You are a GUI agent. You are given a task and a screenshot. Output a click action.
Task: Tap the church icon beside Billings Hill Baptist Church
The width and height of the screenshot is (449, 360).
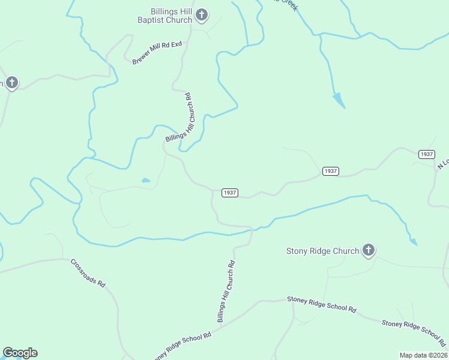tap(202, 15)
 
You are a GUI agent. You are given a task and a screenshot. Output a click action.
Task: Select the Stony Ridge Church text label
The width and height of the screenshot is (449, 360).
tap(322, 251)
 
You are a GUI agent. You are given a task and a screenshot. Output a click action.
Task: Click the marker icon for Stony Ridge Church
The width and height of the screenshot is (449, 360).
tap(369, 250)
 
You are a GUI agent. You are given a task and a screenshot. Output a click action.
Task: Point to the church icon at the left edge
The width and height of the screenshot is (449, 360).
tap(11, 83)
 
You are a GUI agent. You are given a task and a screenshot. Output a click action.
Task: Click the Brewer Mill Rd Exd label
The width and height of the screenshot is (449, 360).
tap(156, 53)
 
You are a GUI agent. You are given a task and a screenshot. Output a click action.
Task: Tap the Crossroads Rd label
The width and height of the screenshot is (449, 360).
tap(88, 273)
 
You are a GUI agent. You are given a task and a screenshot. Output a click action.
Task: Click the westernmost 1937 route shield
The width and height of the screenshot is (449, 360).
tap(229, 193)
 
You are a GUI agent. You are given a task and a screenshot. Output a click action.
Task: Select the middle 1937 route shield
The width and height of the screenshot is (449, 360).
tap(330, 171)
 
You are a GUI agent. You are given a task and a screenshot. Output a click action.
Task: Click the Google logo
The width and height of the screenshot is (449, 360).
tap(20, 353)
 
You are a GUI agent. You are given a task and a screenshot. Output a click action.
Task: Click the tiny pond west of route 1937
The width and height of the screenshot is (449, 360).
tap(145, 180)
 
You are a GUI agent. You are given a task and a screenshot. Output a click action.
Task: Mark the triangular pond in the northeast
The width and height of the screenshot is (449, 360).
tap(339, 100)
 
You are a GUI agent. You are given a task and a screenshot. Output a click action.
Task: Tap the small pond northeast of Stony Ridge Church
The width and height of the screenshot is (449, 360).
tap(413, 242)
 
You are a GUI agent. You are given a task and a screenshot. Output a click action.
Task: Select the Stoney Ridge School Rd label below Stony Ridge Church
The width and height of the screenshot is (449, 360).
tap(321, 304)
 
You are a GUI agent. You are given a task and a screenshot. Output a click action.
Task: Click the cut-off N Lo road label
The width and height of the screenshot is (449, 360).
tap(443, 163)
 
